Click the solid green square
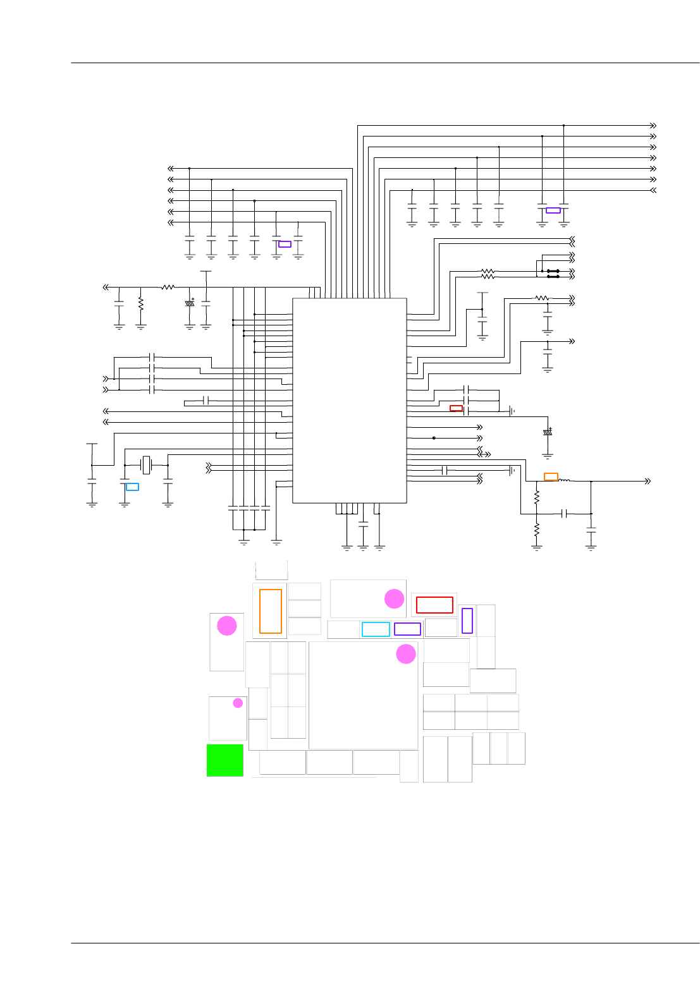point(224,760)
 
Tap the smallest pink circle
point(238,703)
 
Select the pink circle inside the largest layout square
point(406,654)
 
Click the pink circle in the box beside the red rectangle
point(395,598)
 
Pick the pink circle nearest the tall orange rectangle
point(227,626)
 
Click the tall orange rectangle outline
point(271,611)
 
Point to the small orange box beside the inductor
point(551,477)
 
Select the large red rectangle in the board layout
point(434,605)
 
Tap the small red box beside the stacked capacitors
point(456,408)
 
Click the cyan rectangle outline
point(376,629)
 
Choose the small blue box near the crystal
point(132,487)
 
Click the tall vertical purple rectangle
point(467,621)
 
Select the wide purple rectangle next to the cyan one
point(407,629)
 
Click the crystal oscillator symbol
point(146,465)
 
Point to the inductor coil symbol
point(564,481)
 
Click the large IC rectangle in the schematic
point(349,401)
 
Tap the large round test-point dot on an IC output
point(434,438)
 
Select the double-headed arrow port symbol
point(484,454)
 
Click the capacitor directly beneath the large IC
point(363,524)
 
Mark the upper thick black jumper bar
point(553,271)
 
